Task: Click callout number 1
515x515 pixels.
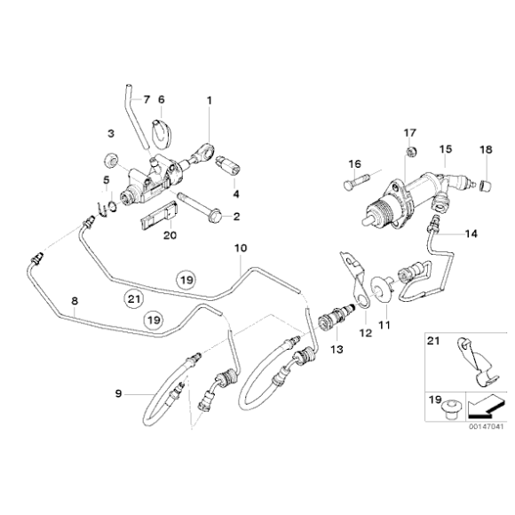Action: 210,100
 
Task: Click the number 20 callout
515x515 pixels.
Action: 170,235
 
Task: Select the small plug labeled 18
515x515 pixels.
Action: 485,184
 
